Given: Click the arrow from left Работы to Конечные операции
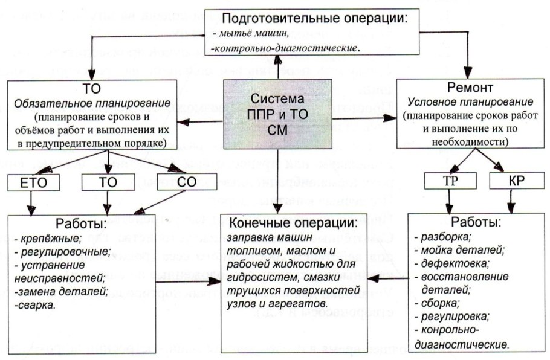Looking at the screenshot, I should coord(187,280).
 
